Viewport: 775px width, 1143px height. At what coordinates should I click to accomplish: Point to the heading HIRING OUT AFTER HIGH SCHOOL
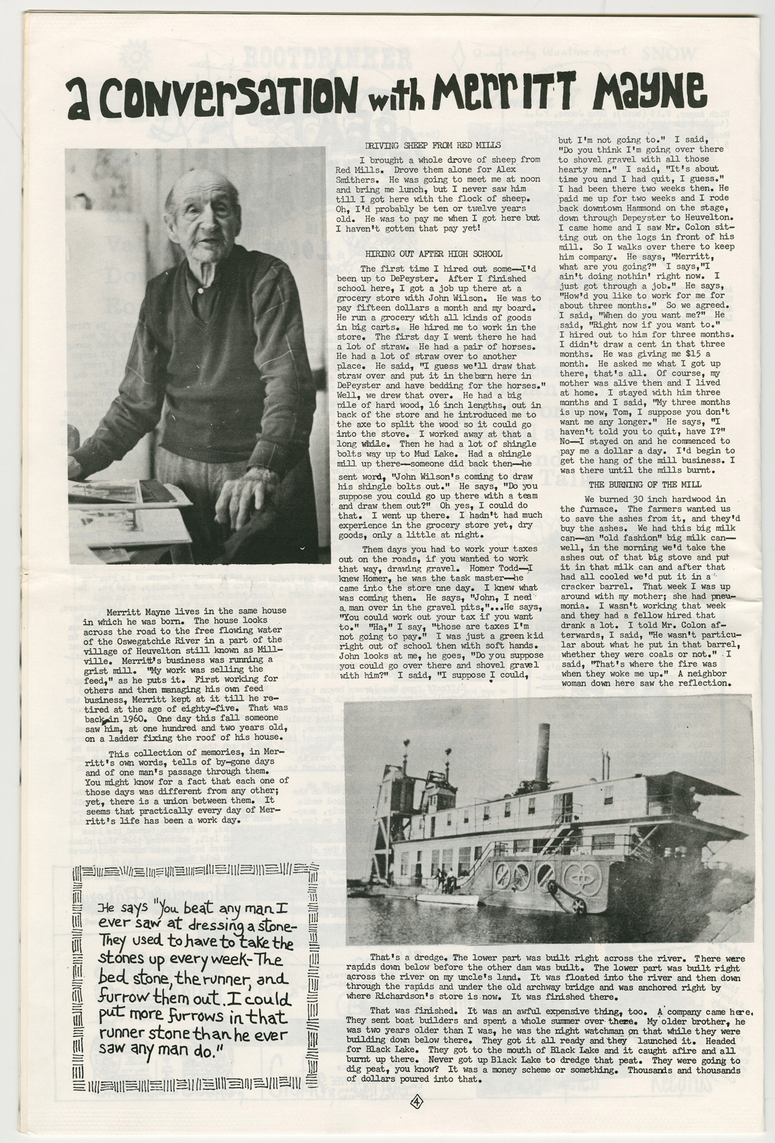(x=425, y=254)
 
